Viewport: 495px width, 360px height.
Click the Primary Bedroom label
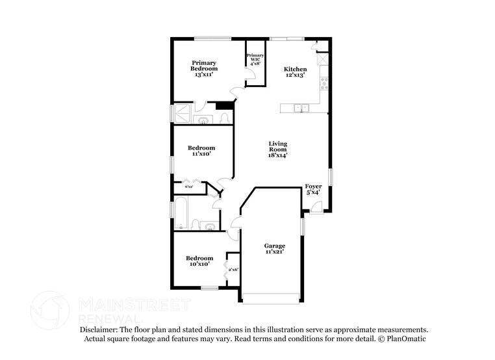click(204, 66)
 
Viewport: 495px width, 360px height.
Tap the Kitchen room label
click(295, 70)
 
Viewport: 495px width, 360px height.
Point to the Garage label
click(274, 246)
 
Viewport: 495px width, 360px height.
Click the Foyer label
click(313, 187)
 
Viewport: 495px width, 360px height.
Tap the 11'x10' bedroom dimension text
click(203, 155)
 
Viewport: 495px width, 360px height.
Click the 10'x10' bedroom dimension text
click(199, 264)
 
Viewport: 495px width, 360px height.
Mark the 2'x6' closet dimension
click(233, 270)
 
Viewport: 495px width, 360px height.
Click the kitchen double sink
click(300, 109)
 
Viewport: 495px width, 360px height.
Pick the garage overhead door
click(271, 298)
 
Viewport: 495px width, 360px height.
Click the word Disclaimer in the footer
click(100, 330)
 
